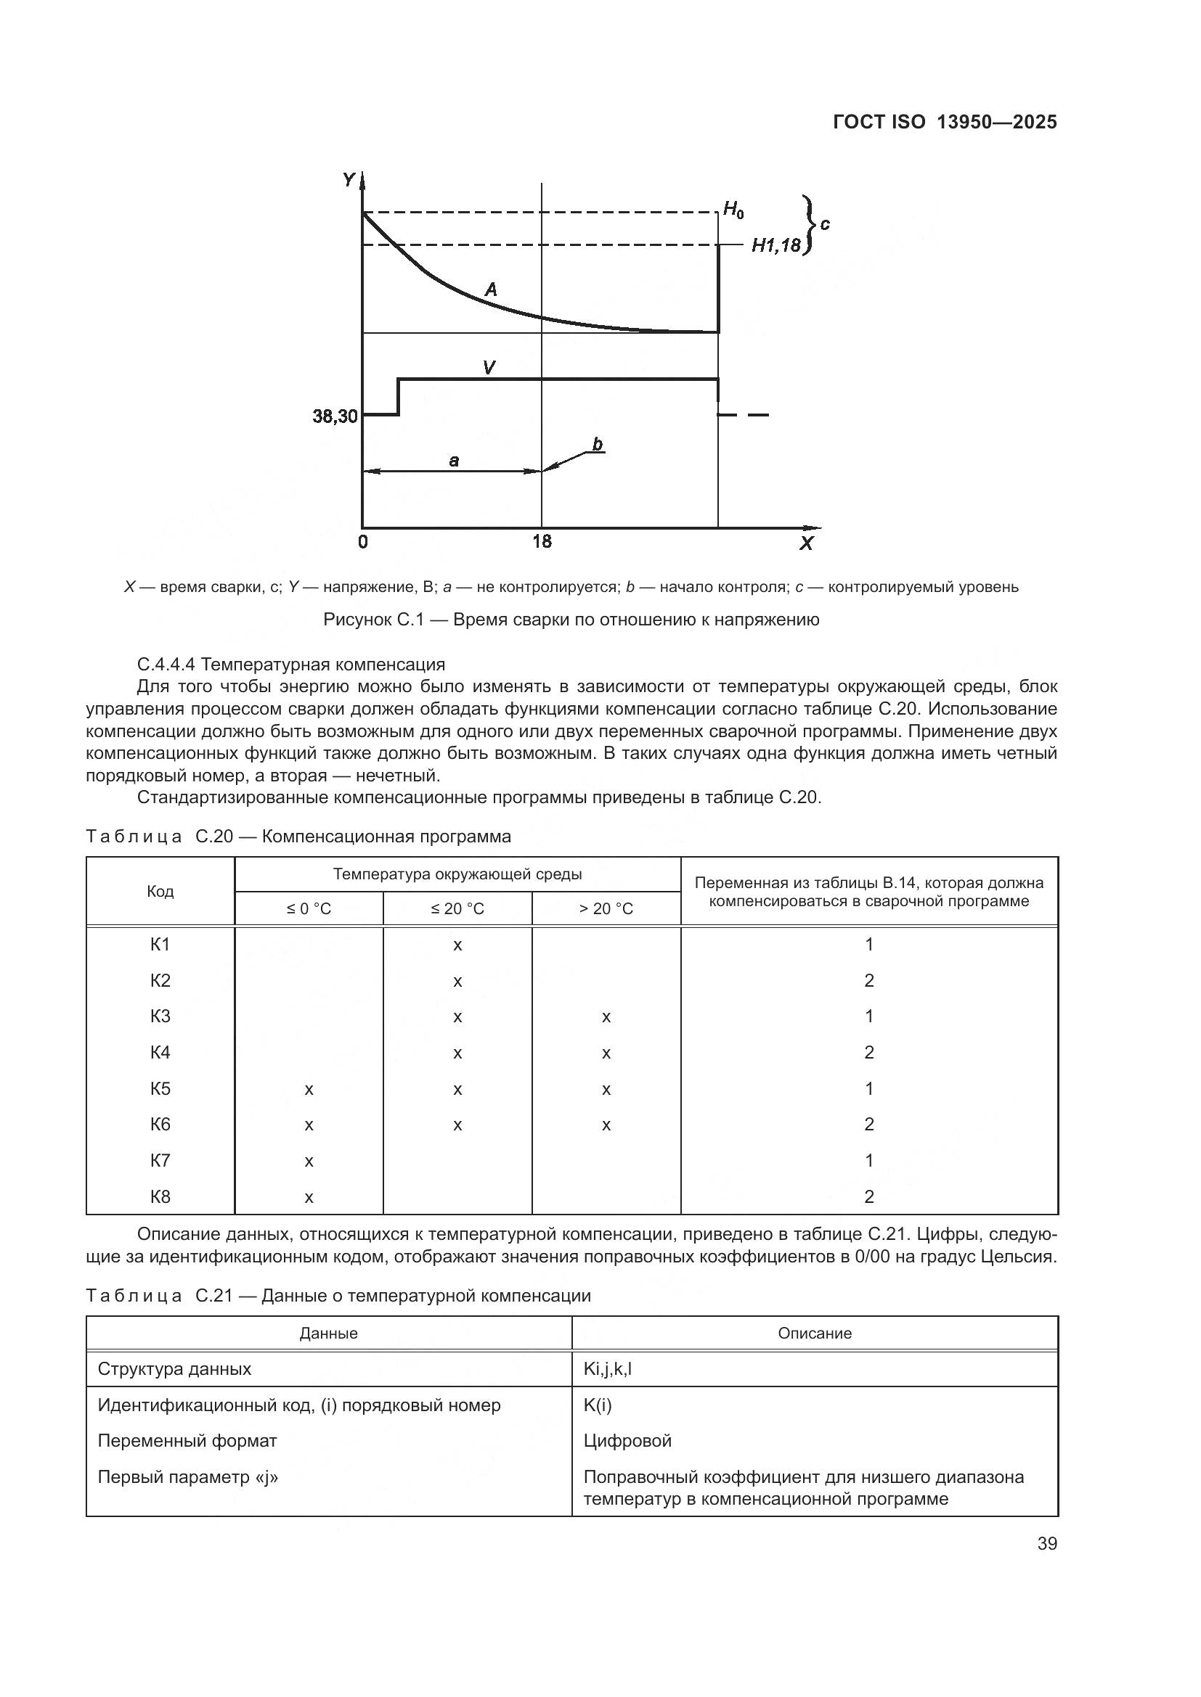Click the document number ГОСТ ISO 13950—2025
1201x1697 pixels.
[945, 122]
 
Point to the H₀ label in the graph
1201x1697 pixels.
[733, 210]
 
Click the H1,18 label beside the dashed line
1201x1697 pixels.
[775, 245]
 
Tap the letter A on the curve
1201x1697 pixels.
[490, 289]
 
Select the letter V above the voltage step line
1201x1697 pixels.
[488, 366]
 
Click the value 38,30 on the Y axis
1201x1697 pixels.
[334, 416]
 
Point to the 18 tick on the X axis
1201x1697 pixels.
[542, 542]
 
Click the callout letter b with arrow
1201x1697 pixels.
[597, 444]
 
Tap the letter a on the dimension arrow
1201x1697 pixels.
[453, 461]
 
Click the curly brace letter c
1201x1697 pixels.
[825, 224]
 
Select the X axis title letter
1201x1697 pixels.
[806, 543]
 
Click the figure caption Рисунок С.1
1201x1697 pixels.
[571, 620]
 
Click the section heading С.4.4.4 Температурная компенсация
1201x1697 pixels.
[290, 664]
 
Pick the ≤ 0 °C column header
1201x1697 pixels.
[309, 908]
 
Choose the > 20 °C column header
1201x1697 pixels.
[606, 908]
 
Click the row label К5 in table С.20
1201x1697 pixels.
[160, 1088]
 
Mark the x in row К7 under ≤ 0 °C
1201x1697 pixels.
[309, 1161]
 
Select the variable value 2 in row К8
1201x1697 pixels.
[869, 1196]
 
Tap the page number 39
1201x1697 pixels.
[1046, 1543]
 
